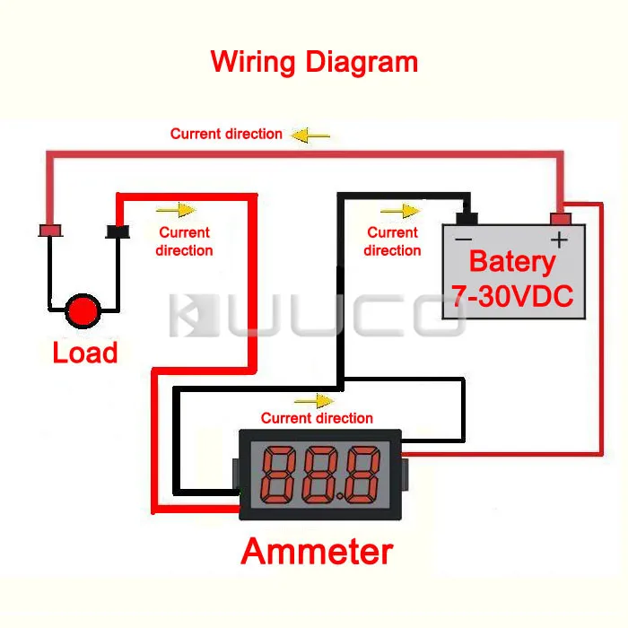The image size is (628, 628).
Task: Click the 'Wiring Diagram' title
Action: point(314,62)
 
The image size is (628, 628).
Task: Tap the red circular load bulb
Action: point(84,310)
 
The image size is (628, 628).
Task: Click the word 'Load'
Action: point(85,353)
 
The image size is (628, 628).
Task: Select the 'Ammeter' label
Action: point(317,551)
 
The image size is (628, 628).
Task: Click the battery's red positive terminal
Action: point(561,218)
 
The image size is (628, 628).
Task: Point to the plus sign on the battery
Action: point(559,240)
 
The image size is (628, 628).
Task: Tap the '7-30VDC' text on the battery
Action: point(512,295)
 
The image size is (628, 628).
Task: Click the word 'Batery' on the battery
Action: point(512,262)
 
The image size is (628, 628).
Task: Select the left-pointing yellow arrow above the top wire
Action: point(311,135)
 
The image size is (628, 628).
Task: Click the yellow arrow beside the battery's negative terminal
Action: point(400,211)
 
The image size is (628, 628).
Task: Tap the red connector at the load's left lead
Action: point(50,231)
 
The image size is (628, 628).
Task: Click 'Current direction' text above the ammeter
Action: point(317,418)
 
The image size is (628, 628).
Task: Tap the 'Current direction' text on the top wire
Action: point(226,134)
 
